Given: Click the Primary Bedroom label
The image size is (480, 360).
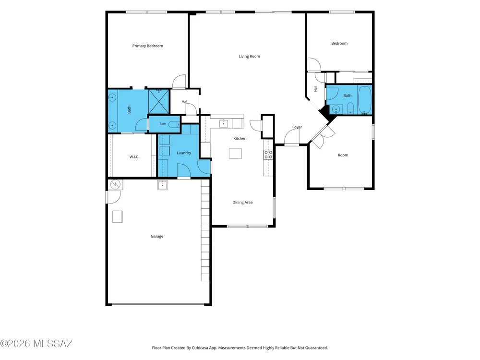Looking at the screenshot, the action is click(x=147, y=46).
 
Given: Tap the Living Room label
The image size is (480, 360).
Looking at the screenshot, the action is click(x=249, y=56).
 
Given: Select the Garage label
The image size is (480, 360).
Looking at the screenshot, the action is click(x=157, y=236).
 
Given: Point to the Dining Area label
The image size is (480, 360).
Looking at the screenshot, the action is click(x=242, y=203).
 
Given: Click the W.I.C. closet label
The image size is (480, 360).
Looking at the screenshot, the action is click(x=134, y=157).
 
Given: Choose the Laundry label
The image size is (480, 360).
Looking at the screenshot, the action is click(x=184, y=153).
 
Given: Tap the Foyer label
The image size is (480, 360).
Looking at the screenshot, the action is click(x=297, y=127).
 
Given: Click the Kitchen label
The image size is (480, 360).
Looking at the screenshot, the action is click(x=240, y=138).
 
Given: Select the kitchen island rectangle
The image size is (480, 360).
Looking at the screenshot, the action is click(x=235, y=154).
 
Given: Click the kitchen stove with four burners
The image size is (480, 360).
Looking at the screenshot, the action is click(x=268, y=155).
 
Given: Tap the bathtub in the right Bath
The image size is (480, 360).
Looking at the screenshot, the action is click(x=364, y=100).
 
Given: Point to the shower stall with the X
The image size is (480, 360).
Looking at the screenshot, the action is click(x=159, y=101).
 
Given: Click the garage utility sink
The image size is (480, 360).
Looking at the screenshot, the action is click(x=163, y=185).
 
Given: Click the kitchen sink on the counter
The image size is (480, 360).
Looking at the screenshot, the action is click(x=224, y=123).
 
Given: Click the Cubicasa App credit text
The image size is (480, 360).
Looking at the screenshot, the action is click(x=240, y=348).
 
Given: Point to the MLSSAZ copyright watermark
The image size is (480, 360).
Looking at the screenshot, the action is click(x=36, y=344).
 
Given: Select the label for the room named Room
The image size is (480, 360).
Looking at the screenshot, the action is click(x=343, y=155).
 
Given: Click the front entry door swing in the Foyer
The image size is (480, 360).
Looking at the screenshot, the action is click(x=291, y=136).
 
